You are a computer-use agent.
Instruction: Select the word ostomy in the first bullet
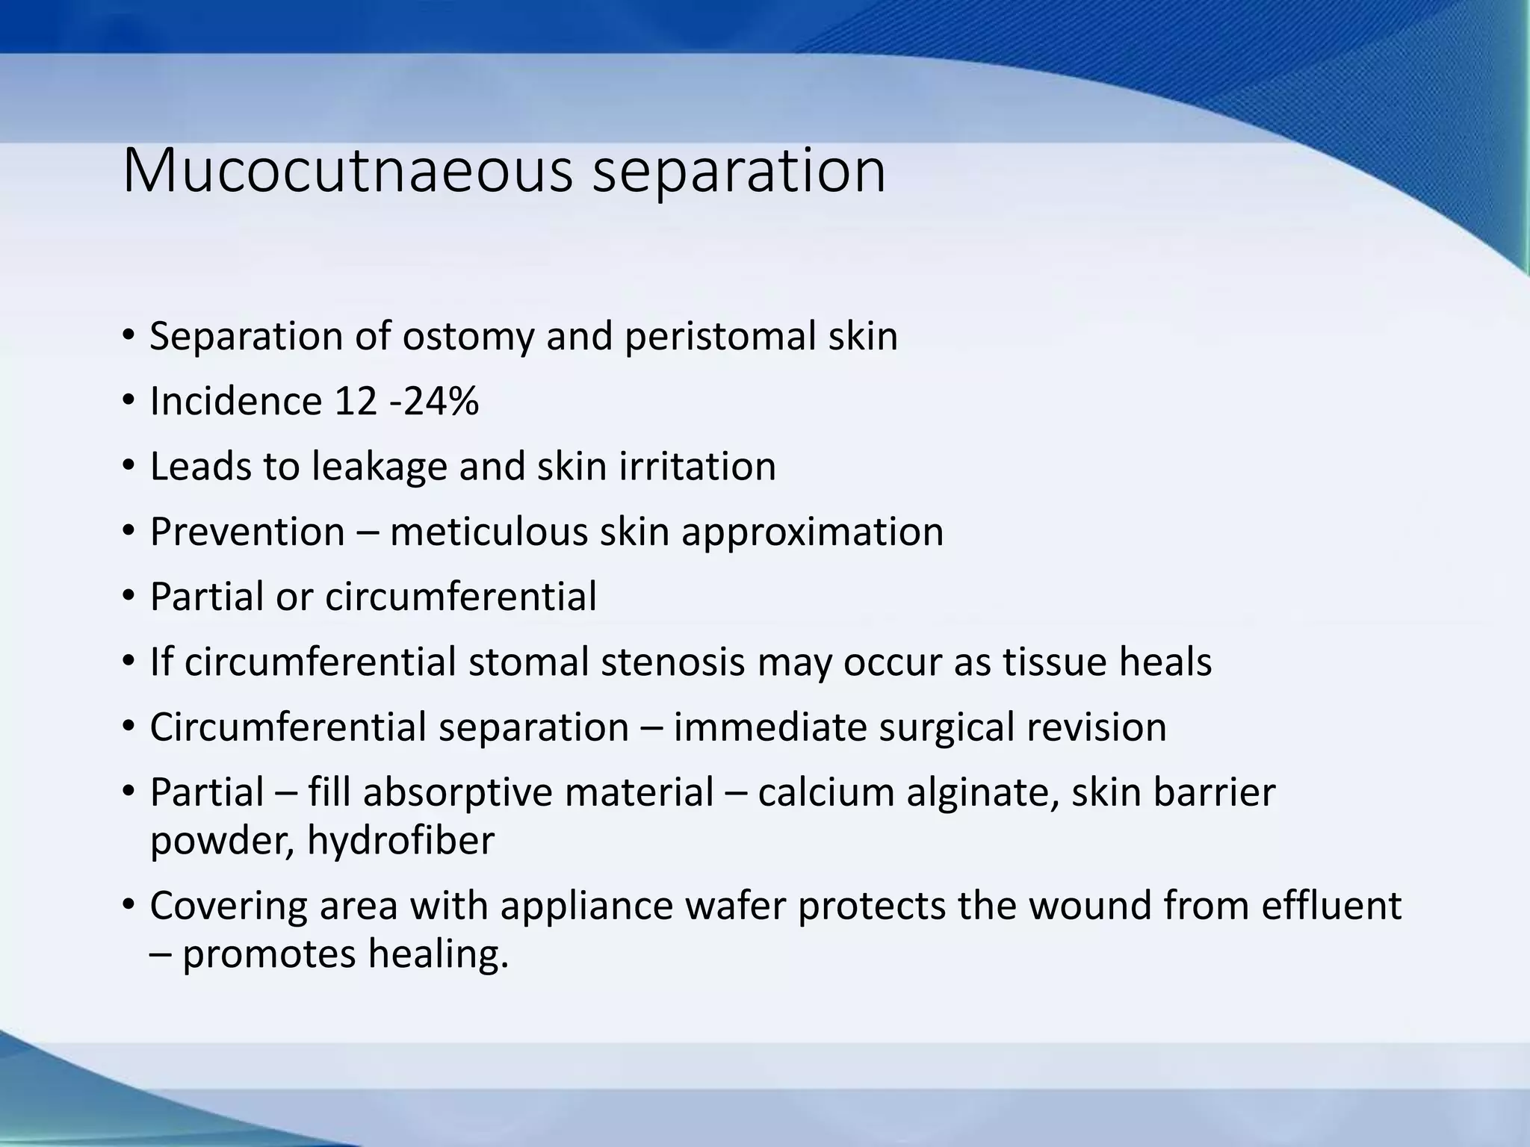[x=468, y=337]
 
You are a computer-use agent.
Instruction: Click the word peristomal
[x=719, y=337]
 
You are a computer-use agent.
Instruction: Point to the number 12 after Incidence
[x=356, y=402]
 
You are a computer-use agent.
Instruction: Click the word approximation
[x=812, y=532]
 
